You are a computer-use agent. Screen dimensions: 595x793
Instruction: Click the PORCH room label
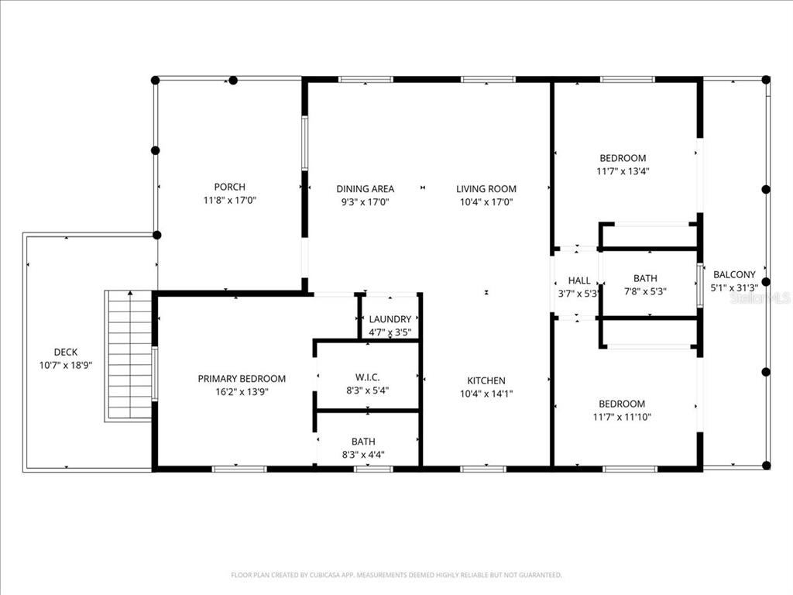click(230, 187)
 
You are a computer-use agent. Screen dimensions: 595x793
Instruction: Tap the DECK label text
click(66, 352)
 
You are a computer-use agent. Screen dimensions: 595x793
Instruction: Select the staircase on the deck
click(129, 356)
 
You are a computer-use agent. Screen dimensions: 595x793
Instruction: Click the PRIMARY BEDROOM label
click(242, 379)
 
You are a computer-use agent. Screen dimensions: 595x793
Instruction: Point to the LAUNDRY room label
click(390, 319)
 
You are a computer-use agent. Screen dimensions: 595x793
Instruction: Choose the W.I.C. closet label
click(367, 377)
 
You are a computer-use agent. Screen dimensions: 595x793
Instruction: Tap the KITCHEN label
click(486, 380)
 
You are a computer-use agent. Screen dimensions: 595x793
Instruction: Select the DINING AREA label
click(365, 188)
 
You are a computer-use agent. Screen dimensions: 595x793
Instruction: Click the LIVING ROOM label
click(486, 188)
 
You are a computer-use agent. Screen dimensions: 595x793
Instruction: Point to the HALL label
click(579, 280)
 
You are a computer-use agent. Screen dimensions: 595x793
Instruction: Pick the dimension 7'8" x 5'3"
click(645, 291)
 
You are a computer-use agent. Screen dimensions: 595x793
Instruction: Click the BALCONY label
click(734, 274)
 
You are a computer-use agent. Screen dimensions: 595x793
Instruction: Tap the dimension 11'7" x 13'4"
click(623, 171)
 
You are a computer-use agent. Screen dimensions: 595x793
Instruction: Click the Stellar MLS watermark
click(760, 297)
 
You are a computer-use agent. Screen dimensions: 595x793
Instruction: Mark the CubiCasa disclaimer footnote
click(396, 575)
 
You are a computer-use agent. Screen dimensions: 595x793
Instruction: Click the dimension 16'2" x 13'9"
click(242, 392)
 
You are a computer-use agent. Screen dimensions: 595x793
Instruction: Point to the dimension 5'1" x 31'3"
click(734, 287)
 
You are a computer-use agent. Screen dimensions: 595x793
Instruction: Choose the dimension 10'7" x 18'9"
click(66, 365)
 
